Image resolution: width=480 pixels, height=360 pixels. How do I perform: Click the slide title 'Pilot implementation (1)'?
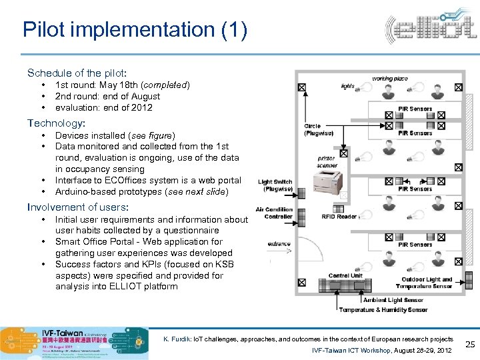[135, 30]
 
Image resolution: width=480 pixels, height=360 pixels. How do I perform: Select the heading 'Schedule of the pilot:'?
[77, 73]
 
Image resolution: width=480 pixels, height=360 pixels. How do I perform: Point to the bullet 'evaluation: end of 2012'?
[103, 107]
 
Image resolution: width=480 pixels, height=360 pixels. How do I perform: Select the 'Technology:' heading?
[56, 123]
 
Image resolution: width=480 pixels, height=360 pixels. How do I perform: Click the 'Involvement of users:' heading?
[77, 207]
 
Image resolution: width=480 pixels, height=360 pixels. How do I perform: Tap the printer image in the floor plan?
[327, 181]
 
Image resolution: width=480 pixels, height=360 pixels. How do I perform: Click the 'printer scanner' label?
[327, 161]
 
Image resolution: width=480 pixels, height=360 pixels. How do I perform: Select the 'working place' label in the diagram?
[390, 79]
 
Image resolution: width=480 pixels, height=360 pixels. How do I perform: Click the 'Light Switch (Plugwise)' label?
[275, 185]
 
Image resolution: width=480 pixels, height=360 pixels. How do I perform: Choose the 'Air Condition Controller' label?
[274, 213]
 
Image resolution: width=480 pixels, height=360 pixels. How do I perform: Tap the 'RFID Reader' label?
[339, 216]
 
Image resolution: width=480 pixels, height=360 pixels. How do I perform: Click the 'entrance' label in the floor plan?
[279, 244]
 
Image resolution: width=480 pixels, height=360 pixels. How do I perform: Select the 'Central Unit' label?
[345, 275]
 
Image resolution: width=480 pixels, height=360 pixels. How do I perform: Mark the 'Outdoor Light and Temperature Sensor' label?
[427, 283]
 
